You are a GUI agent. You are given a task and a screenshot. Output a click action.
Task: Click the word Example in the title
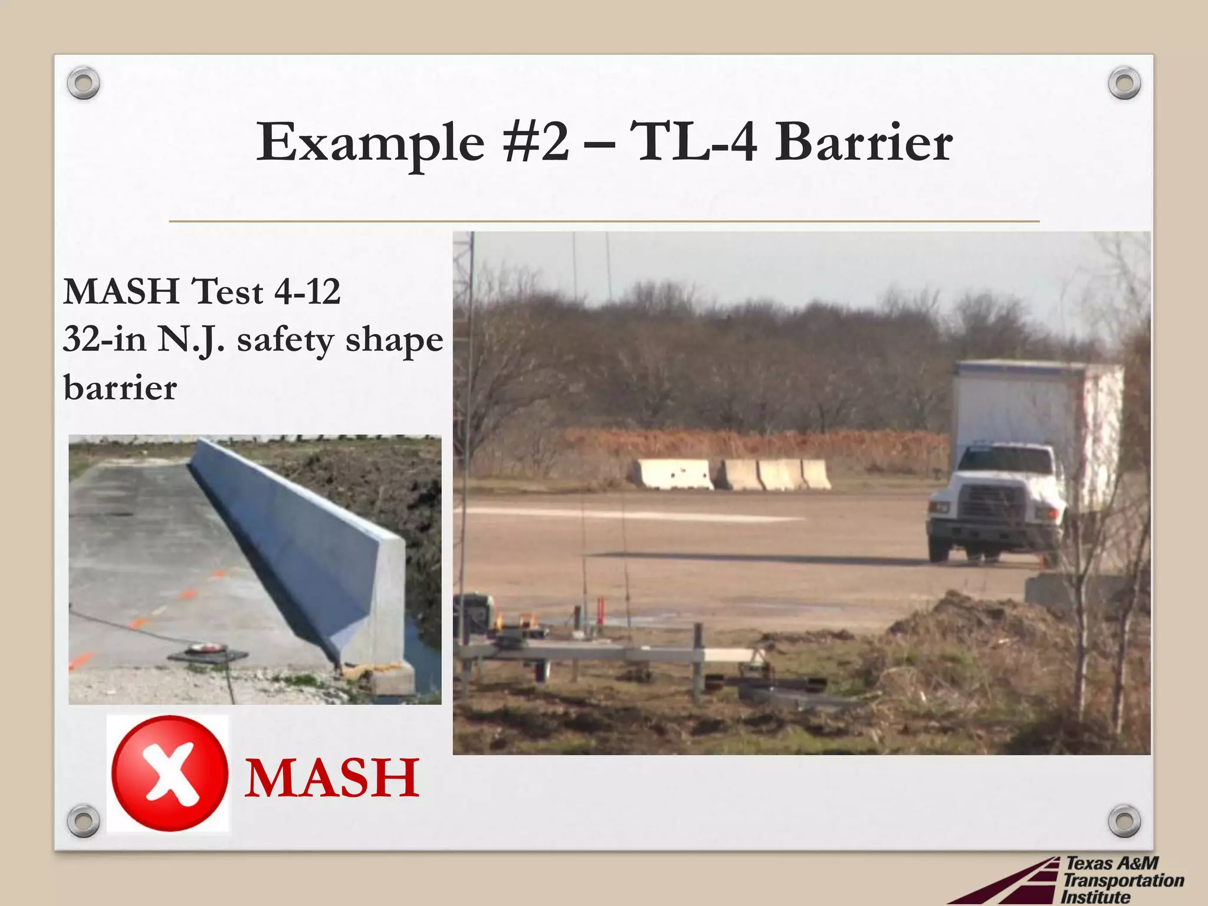click(x=370, y=143)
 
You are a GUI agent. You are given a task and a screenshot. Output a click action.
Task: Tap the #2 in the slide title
click(x=536, y=142)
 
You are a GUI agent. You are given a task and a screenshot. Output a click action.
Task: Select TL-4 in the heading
click(x=693, y=142)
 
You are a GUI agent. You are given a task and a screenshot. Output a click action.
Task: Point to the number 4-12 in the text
click(x=307, y=291)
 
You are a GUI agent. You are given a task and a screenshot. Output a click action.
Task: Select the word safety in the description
click(x=285, y=340)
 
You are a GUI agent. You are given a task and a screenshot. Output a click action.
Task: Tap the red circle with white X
click(x=170, y=773)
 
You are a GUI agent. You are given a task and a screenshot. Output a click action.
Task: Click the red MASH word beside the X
click(x=331, y=778)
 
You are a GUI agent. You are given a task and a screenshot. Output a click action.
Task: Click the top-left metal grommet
click(x=83, y=83)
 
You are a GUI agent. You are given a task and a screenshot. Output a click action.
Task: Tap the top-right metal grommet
click(x=1124, y=83)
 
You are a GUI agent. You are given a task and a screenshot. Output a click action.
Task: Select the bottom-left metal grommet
click(x=83, y=820)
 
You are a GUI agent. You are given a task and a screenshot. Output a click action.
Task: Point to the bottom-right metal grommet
click(x=1124, y=820)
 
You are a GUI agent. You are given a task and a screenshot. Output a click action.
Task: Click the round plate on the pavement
click(x=206, y=649)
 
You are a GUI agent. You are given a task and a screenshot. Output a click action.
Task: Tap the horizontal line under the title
click(x=604, y=221)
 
